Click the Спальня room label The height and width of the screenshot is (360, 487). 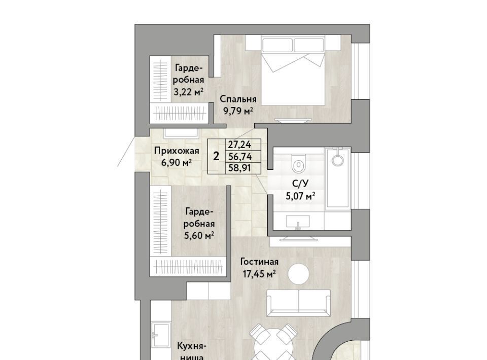[238, 99]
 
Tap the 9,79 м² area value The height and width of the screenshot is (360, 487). [238, 111]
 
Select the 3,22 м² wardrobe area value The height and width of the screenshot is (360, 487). [189, 92]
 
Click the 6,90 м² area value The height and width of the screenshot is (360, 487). [176, 162]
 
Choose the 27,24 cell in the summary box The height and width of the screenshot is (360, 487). [240, 145]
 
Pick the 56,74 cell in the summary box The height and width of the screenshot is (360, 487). [240, 156]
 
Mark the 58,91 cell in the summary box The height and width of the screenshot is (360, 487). [240, 168]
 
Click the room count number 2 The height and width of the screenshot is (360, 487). [216, 156]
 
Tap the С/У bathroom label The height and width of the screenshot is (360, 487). [300, 184]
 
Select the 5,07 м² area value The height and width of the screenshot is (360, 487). [300, 196]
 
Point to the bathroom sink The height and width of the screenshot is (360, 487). [298, 222]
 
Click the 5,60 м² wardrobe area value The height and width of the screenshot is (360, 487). [199, 236]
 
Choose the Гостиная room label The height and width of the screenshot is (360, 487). [260, 262]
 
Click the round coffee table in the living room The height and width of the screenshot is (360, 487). [298, 274]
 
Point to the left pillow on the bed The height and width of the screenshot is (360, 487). [277, 45]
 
